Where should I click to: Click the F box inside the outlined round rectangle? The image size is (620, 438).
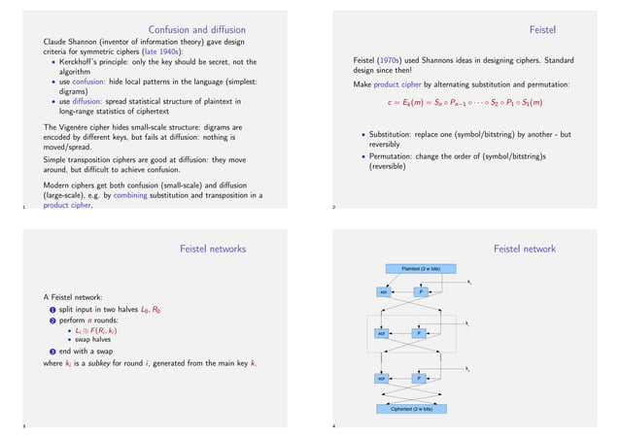coord(418,334)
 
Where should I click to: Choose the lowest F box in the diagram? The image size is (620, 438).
coord(418,378)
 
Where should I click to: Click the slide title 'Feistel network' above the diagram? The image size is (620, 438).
coord(524,250)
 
